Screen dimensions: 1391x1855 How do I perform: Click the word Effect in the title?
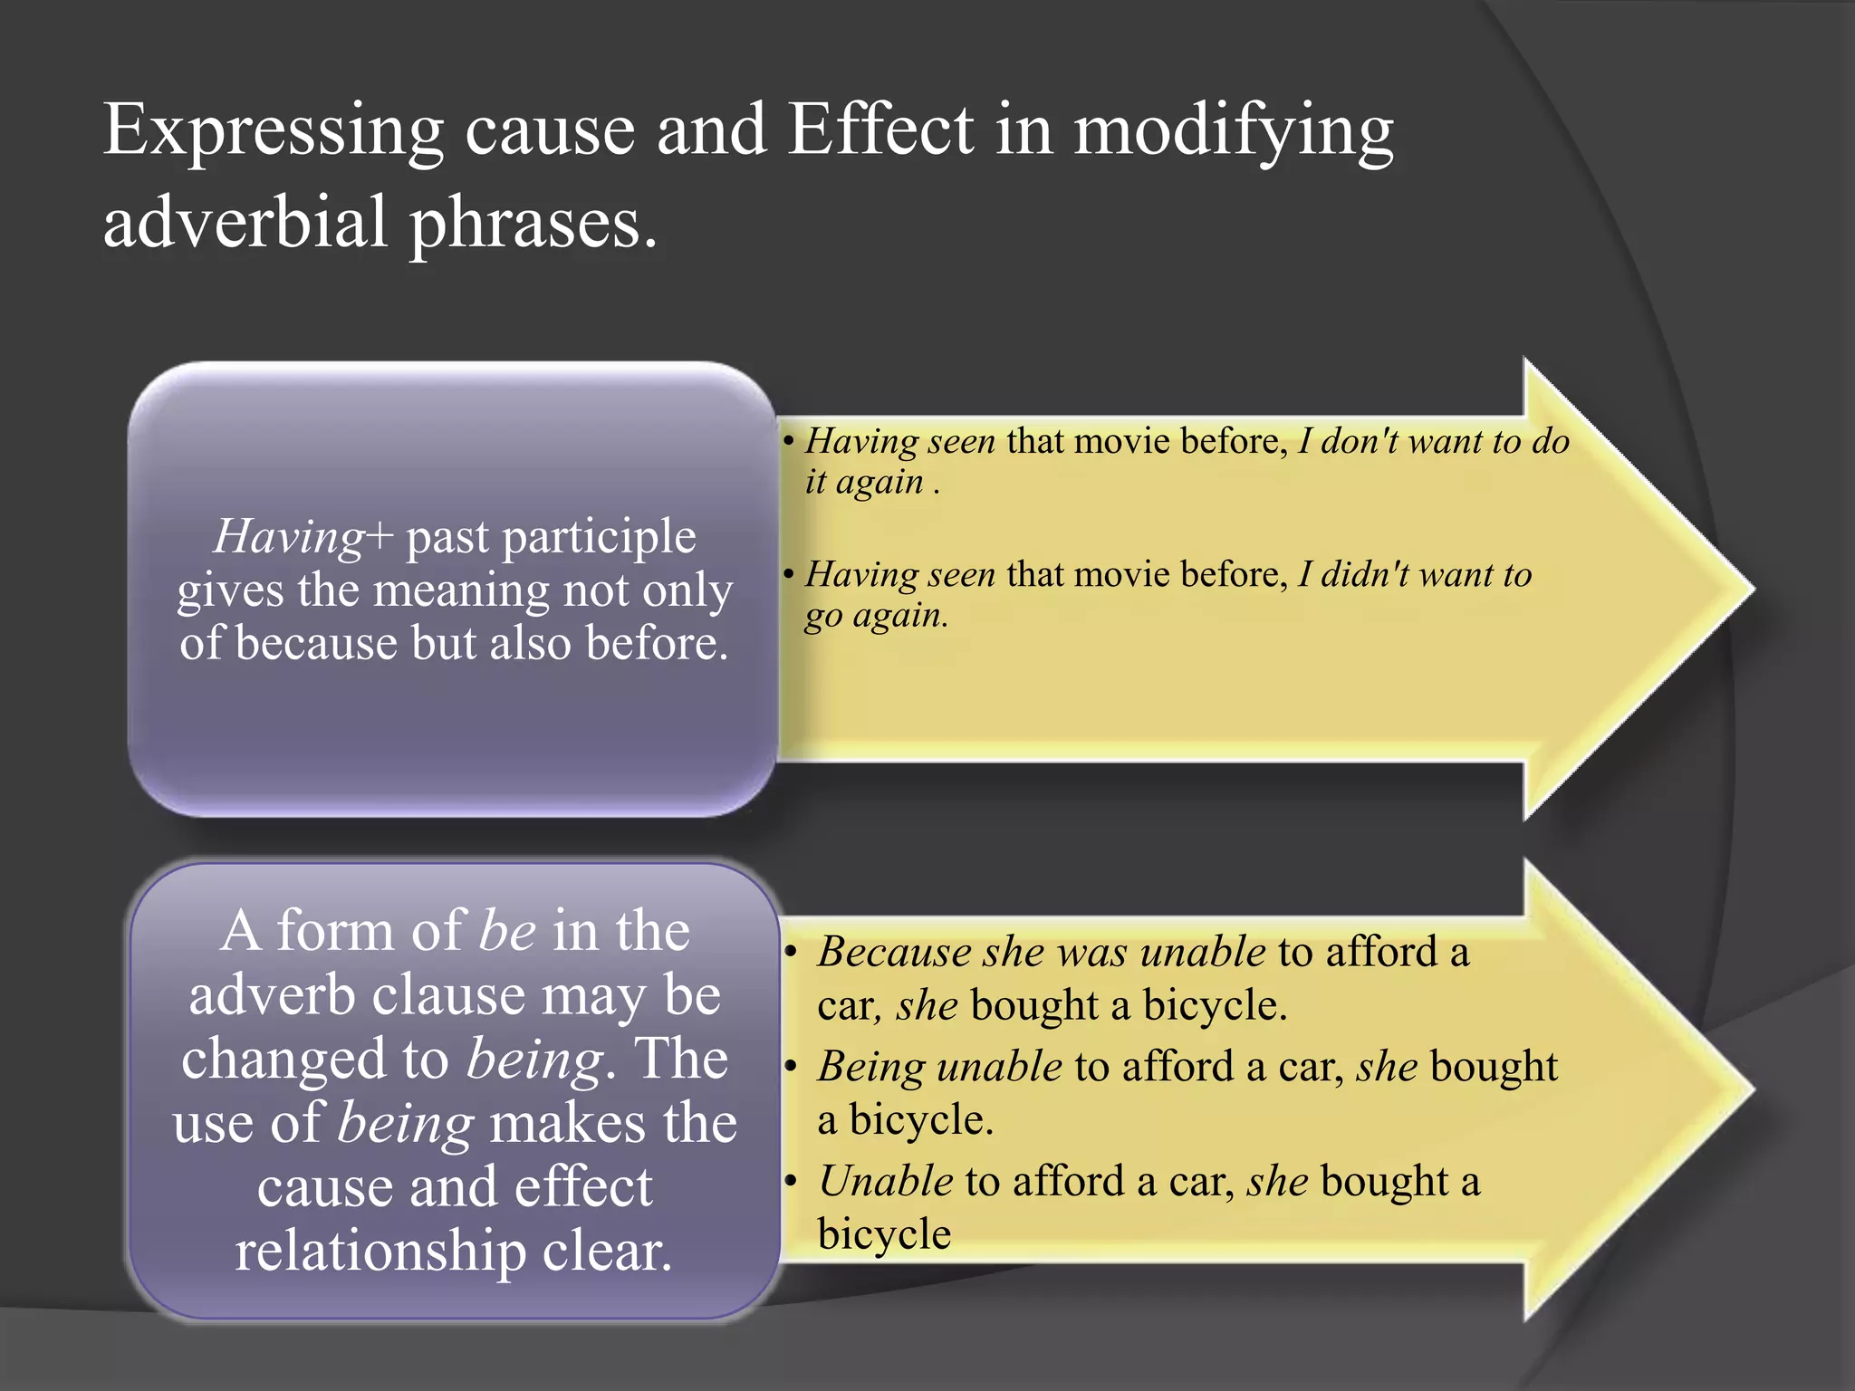click(879, 129)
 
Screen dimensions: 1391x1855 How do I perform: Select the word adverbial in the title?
click(245, 221)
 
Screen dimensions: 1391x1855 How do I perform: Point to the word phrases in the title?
click(533, 223)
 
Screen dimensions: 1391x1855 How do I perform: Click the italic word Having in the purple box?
click(289, 537)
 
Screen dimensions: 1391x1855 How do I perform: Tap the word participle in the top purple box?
click(599, 537)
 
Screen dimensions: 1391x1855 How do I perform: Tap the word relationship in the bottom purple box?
click(380, 1252)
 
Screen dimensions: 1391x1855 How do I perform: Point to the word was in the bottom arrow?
click(1092, 952)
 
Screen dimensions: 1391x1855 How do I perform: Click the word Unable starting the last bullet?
click(885, 1181)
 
